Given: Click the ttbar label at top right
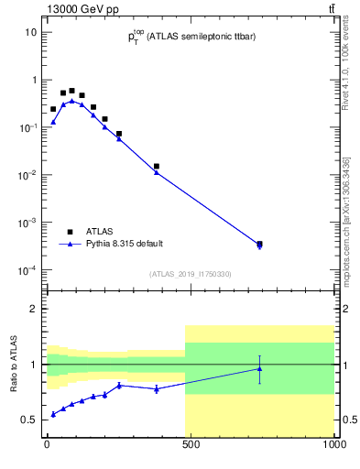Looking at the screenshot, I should click(331, 8).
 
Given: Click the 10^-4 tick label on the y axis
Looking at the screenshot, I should click(27, 270).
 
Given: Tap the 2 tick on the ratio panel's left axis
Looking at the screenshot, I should click(33, 309).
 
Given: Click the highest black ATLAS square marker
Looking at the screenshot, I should click(71, 91).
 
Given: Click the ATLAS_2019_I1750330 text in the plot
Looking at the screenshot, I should click(191, 274).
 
